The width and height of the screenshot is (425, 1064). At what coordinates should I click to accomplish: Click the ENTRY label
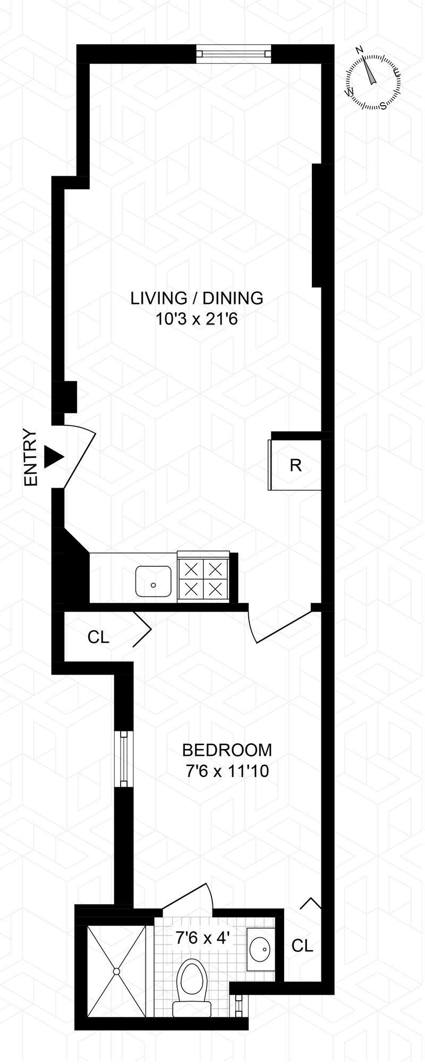(31, 457)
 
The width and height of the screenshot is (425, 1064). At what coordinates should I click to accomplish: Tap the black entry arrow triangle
(53, 457)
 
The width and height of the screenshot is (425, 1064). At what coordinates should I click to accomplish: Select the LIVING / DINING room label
(197, 297)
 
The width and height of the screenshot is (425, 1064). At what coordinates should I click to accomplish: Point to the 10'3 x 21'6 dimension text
(196, 319)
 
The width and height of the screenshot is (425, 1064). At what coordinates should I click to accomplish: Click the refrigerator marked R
(295, 465)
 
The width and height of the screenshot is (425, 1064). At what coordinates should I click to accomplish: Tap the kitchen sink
(153, 581)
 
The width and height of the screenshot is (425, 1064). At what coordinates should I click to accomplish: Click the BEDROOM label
(227, 750)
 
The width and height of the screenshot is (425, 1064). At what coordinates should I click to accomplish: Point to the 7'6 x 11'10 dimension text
(227, 771)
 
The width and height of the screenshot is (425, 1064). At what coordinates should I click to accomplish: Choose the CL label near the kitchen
(98, 637)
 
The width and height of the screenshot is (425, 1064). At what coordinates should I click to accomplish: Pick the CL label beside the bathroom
(302, 945)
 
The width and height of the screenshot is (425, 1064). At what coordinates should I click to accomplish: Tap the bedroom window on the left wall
(124, 758)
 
